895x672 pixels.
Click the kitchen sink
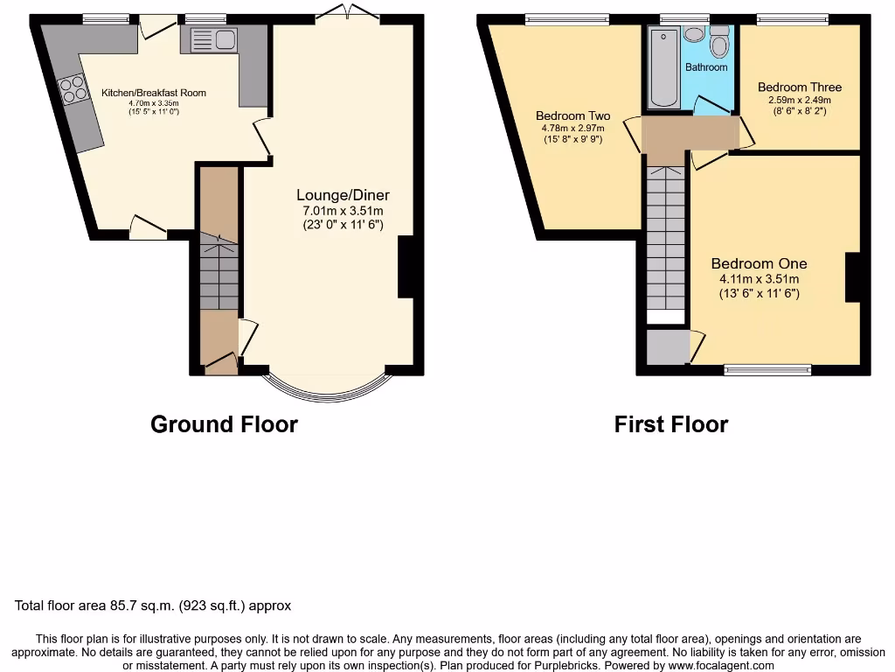point(211,39)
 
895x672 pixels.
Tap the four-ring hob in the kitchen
point(73,89)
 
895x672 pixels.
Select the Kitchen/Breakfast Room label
point(154,93)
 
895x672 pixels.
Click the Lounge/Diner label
point(343,195)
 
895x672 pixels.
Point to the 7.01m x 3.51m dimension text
point(343,211)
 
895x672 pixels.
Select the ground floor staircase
point(219,271)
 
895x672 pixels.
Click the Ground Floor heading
point(224,424)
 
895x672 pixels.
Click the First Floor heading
point(670,424)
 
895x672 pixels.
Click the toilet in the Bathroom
point(719,40)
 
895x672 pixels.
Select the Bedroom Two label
point(572,116)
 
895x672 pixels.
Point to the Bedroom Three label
point(799,87)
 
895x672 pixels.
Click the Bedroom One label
point(759,263)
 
